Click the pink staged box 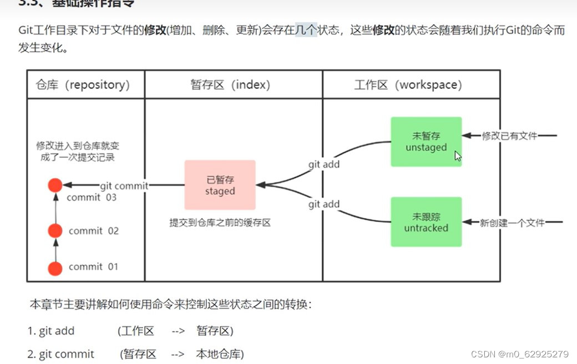pyautogui.click(x=220, y=186)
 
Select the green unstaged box pyautogui.click(x=426, y=142)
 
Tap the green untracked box pyautogui.click(x=426, y=222)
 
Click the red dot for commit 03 pyautogui.click(x=55, y=186)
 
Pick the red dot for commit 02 pyautogui.click(x=55, y=230)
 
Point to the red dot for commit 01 pyautogui.click(x=55, y=268)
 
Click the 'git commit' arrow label pyautogui.click(x=124, y=186)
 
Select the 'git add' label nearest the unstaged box pyautogui.click(x=324, y=164)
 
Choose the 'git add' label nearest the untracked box pyautogui.click(x=324, y=204)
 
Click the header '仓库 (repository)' pyautogui.click(x=83, y=85)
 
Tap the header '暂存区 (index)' pyautogui.click(x=230, y=85)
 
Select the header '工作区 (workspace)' pyautogui.click(x=408, y=85)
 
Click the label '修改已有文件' pyautogui.click(x=509, y=136)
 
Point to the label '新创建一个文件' pyautogui.click(x=512, y=223)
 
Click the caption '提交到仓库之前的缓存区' pyautogui.click(x=220, y=223)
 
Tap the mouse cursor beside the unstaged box pyautogui.click(x=457, y=156)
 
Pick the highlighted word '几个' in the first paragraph pyautogui.click(x=306, y=30)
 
